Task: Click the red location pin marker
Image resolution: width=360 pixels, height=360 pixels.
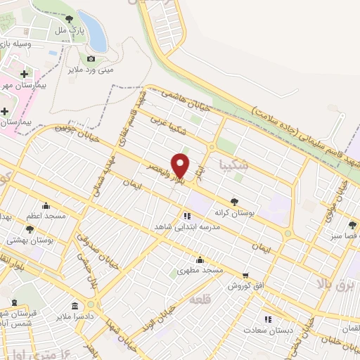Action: [181, 165]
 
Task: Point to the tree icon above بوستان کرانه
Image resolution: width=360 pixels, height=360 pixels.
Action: [234, 201]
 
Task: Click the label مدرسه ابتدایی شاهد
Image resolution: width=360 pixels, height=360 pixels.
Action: [188, 228]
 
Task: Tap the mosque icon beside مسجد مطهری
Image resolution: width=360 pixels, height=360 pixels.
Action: [200, 259]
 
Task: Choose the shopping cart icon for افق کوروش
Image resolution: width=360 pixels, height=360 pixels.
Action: [245, 275]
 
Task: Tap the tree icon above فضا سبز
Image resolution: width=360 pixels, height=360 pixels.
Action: [352, 225]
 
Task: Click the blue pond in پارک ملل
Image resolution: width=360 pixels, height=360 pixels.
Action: [93, 31]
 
